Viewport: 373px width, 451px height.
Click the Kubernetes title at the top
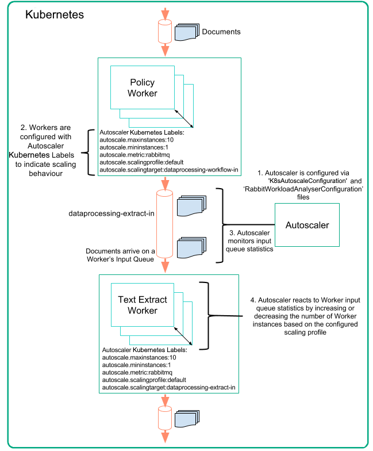click(55, 14)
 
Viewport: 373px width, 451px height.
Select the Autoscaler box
click(307, 225)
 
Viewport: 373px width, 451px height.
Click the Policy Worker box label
click(143, 88)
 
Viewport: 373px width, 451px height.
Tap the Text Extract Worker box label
click(143, 305)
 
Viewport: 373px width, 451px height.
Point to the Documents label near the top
click(221, 32)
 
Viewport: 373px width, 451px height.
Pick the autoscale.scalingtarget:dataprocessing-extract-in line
click(168, 388)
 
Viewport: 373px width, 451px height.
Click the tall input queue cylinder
click(165, 225)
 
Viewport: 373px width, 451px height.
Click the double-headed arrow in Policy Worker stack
click(183, 118)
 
